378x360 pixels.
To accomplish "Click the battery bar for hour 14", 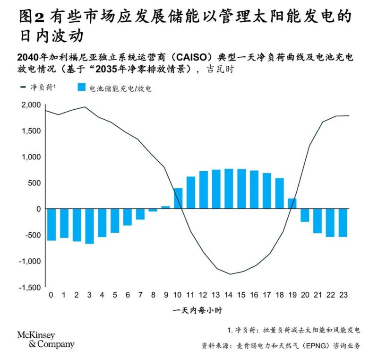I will (229, 189).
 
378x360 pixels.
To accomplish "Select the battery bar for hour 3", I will (89, 226).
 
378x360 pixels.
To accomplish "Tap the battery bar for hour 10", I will (178, 198).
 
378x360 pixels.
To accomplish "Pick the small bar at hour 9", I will (165, 207).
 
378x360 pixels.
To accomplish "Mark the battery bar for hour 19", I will (292, 203).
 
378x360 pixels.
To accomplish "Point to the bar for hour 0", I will (51, 224).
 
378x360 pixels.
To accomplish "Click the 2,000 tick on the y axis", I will (31, 105).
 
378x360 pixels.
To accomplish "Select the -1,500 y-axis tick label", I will (29, 287).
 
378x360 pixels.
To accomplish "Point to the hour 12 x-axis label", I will (203, 295).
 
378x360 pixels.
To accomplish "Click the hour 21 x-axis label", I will (318, 295).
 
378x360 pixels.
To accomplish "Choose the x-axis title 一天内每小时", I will (198, 311).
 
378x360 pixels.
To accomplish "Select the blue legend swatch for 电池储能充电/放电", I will (81, 88).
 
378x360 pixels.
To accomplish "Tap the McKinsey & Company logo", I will (45, 340).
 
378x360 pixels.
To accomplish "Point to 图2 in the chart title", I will (32, 17).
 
